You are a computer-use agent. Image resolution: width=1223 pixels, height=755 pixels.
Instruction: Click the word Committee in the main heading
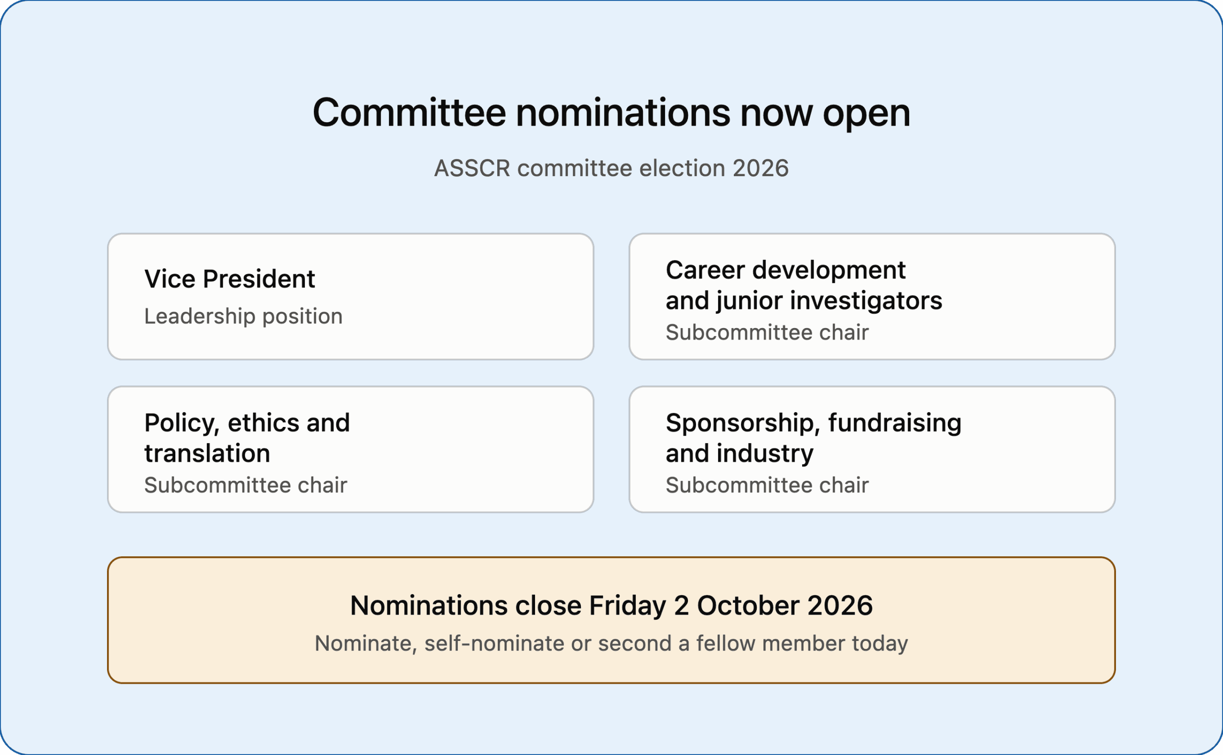(x=409, y=113)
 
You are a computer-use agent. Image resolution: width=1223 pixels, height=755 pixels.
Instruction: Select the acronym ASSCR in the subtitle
(x=472, y=168)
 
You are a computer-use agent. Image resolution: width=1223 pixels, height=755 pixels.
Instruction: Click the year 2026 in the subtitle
(x=761, y=168)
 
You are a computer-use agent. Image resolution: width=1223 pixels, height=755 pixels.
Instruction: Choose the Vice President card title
(x=230, y=278)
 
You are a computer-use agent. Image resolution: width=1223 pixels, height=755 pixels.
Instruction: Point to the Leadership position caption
(x=244, y=316)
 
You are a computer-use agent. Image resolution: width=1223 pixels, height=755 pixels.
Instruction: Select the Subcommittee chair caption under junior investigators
(x=767, y=332)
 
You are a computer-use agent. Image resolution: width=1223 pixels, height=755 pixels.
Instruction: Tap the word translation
(x=207, y=453)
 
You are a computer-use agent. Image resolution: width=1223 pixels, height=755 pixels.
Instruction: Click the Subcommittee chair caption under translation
(x=246, y=485)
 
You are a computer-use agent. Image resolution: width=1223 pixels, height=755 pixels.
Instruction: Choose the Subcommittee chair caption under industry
(x=767, y=485)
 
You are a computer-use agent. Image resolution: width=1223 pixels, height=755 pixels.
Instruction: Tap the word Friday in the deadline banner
(x=628, y=606)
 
